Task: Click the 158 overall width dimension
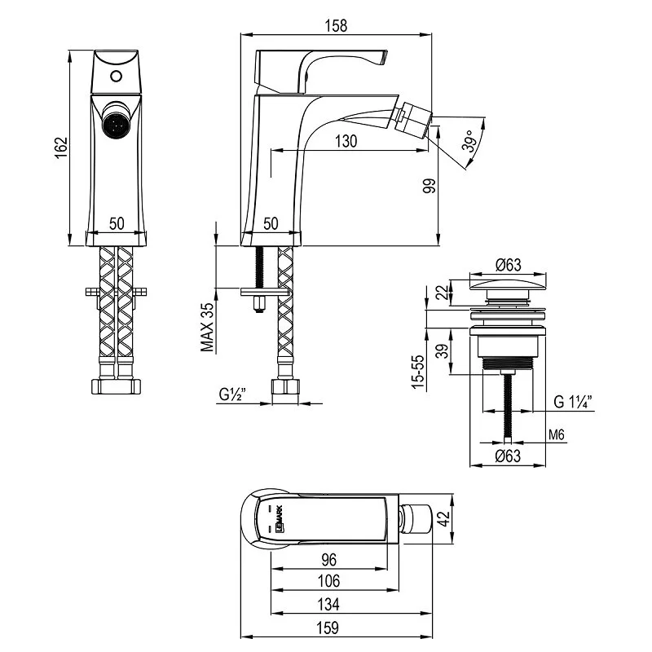click(336, 25)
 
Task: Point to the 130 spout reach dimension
click(346, 141)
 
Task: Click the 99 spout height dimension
click(430, 185)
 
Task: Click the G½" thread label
click(233, 396)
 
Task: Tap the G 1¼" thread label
click(573, 401)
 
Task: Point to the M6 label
click(557, 434)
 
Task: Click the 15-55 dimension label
click(418, 371)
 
